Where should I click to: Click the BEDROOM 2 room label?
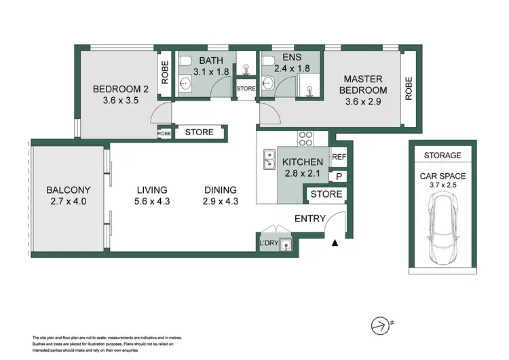[120, 89]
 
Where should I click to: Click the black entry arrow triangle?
[334, 242]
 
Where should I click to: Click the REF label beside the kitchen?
[338, 158]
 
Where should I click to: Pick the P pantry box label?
[338, 177]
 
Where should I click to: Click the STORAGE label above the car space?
[442, 156]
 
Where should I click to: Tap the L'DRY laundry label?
[268, 244]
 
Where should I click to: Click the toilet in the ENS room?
[269, 63]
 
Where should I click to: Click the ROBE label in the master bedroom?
[409, 88]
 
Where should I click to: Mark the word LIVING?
[151, 190]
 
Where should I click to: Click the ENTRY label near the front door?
[309, 218]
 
